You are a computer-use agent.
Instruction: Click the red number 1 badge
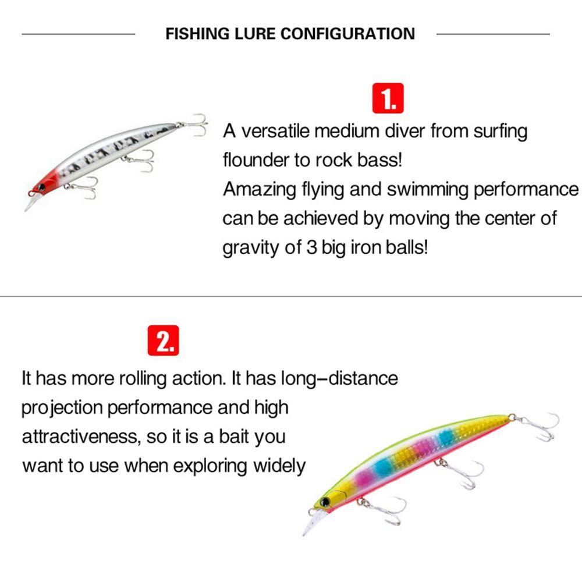click(388, 98)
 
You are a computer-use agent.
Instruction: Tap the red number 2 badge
click(164, 342)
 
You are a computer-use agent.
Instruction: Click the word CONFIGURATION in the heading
click(348, 34)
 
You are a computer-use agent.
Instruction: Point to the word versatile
click(275, 132)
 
